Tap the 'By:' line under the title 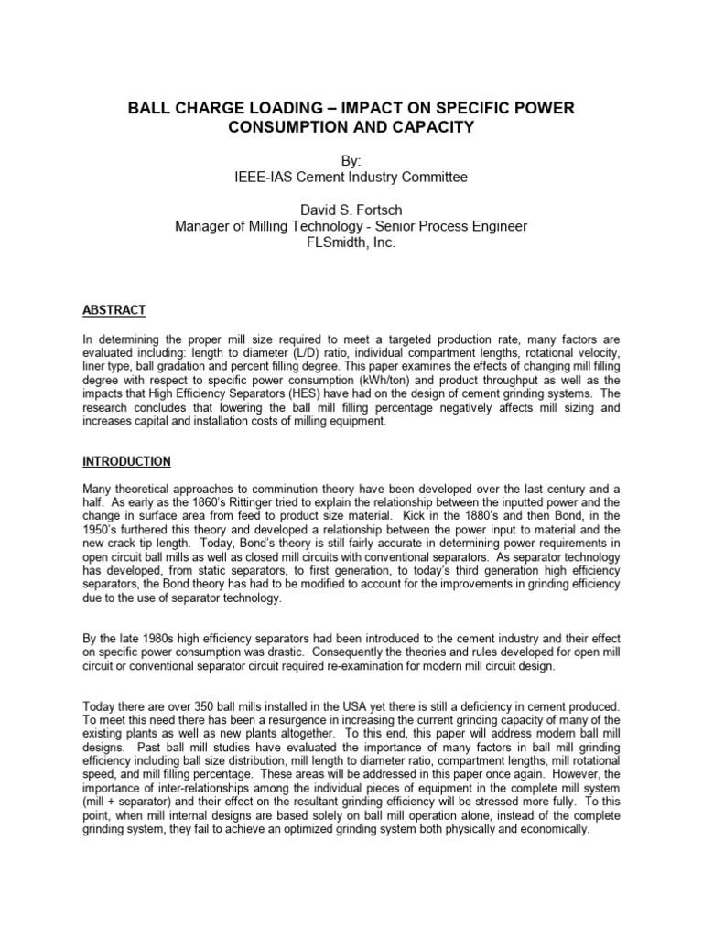(x=351, y=159)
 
